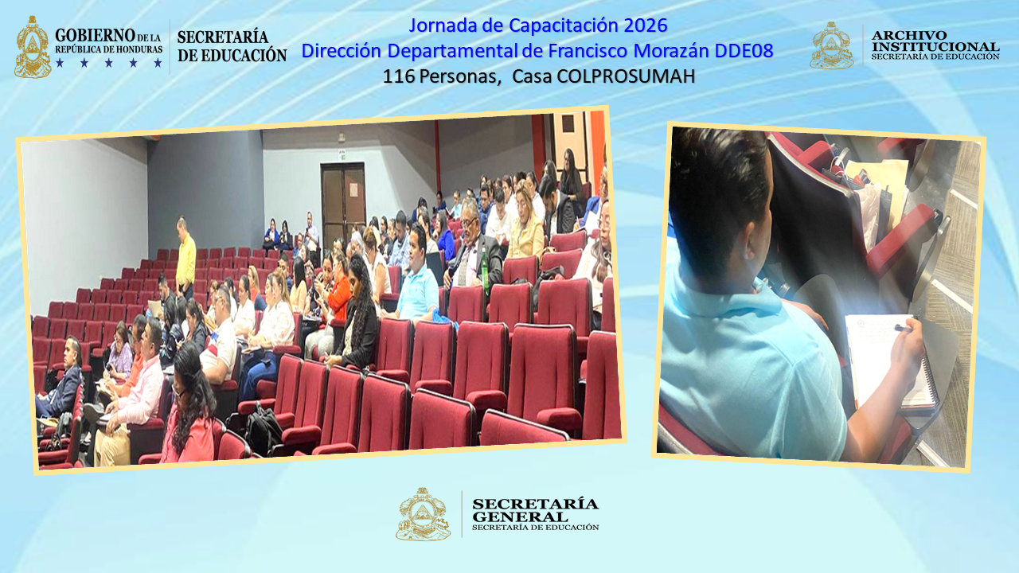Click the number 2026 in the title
coord(646,25)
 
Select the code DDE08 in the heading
coord(744,51)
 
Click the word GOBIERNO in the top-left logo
coord(95,36)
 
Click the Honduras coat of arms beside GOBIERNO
coord(33,48)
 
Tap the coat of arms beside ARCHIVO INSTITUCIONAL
coord(831,45)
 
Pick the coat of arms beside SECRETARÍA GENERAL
coord(423,515)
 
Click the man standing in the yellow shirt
coord(185,256)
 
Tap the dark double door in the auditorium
coord(343,203)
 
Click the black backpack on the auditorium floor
coord(264,430)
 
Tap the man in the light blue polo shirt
coord(417,283)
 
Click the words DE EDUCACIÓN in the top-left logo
coord(232,56)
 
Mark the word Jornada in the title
coord(440,25)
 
